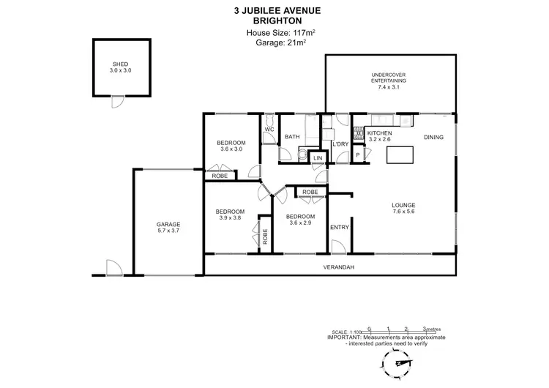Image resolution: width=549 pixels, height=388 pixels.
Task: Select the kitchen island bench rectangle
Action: pos(399,154)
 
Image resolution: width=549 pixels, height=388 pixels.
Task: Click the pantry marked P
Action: pos(358,155)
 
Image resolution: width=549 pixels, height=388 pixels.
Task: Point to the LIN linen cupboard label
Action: pos(318,158)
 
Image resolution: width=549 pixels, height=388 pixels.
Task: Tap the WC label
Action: pos(269,130)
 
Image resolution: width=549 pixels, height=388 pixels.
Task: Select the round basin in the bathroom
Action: pos(302,153)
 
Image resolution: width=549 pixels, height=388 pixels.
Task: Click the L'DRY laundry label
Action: pos(340,144)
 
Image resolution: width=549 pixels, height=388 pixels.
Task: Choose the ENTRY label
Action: pos(340,227)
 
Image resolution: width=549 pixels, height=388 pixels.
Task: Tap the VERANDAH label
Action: pos(339,267)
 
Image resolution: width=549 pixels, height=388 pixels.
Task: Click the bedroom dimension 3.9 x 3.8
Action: pos(229,217)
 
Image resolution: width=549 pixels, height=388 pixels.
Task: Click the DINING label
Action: pos(434,137)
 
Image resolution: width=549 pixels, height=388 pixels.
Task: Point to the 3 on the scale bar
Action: pos(425,329)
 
